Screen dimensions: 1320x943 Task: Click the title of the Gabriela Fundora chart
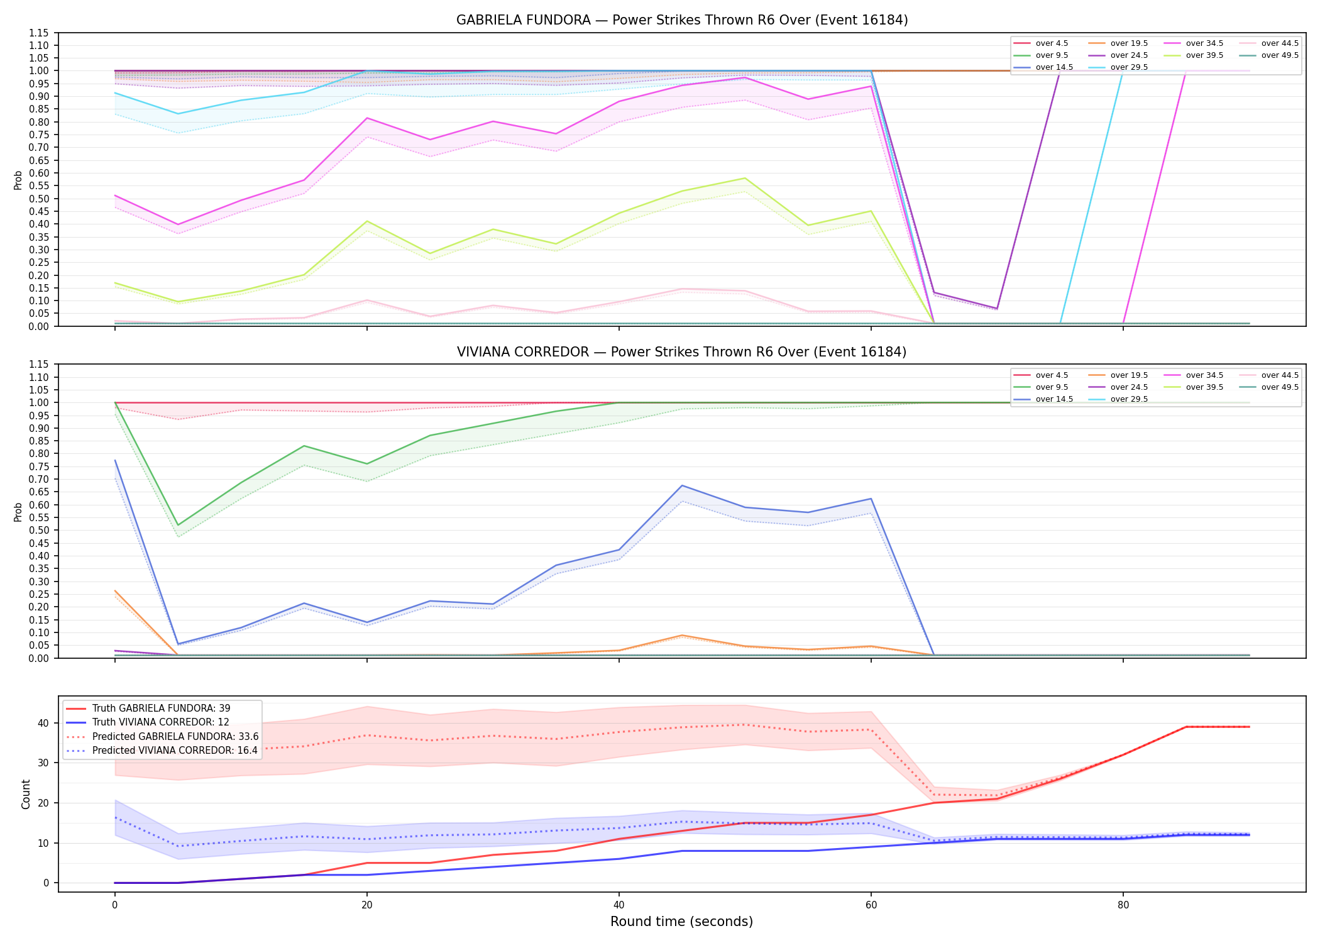(682, 20)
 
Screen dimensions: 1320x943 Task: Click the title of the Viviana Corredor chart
(682, 352)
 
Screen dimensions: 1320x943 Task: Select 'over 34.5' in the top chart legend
(1204, 43)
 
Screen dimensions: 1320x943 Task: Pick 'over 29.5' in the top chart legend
(1129, 67)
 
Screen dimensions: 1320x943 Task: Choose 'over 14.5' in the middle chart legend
(1054, 399)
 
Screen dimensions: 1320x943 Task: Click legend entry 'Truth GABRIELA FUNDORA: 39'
(162, 709)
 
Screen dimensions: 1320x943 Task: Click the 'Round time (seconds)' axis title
(682, 922)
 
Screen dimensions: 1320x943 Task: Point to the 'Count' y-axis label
(26, 794)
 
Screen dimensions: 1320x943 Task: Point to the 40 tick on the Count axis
(43, 723)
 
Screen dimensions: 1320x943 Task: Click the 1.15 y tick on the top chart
(38, 33)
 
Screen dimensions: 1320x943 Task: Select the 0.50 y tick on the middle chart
(38, 530)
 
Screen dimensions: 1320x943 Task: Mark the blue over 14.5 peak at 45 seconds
(682, 485)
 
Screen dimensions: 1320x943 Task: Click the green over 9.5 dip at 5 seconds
(178, 525)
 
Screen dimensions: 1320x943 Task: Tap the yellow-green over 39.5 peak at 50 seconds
(745, 178)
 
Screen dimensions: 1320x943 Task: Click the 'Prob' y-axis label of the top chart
(18, 180)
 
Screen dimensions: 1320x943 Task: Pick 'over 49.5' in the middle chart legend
(1280, 387)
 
